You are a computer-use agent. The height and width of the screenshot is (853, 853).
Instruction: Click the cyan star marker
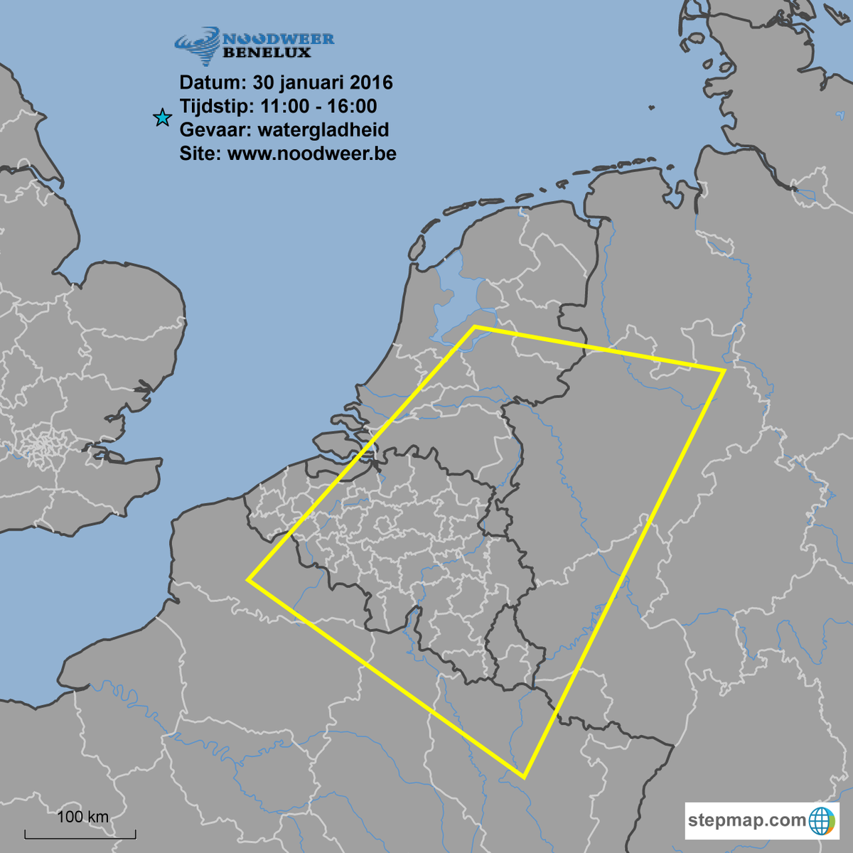tap(163, 117)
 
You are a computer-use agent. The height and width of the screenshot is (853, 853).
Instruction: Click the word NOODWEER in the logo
tap(278, 39)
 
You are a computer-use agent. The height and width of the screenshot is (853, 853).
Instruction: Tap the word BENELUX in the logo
tap(267, 53)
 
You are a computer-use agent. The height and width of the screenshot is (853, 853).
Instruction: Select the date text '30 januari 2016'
tap(323, 82)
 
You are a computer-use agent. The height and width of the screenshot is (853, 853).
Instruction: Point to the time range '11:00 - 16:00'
tap(318, 107)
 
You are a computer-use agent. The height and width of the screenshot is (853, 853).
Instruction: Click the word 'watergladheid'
tap(323, 130)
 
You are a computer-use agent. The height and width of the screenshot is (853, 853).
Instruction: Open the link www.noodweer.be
tap(312, 154)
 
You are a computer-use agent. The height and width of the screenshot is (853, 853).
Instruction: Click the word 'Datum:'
tap(213, 82)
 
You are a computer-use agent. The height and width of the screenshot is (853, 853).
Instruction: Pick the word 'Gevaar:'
tap(215, 130)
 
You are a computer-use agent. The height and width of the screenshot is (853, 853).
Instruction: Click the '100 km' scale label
tap(82, 817)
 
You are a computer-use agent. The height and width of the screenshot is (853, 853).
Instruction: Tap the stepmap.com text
tap(746, 820)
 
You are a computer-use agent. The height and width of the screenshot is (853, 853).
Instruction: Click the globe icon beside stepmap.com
tap(822, 821)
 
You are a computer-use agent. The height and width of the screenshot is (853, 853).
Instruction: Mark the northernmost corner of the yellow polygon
tap(475, 327)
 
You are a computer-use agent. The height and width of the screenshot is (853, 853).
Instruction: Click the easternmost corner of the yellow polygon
tap(724, 370)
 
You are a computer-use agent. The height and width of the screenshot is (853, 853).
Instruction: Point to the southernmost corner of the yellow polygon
tap(524, 778)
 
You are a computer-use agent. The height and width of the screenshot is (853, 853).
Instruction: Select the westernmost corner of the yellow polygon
tap(248, 580)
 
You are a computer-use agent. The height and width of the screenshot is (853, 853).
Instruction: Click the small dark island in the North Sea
tap(652, 108)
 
